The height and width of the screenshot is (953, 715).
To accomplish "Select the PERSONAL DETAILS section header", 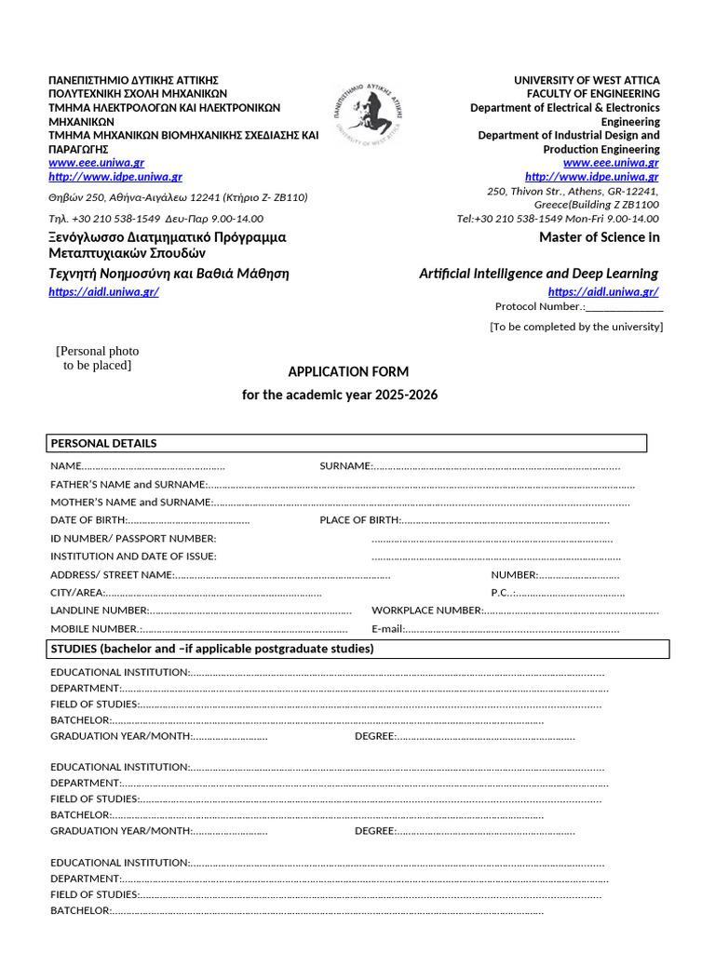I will [x=103, y=443].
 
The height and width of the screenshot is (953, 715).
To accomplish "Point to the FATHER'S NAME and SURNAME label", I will [x=128, y=485].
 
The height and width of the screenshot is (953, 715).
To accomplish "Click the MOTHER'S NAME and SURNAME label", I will [x=131, y=503].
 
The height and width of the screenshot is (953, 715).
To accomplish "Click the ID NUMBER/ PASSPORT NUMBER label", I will [x=133, y=539].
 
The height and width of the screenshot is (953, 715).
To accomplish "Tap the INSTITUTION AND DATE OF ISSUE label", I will [x=133, y=557].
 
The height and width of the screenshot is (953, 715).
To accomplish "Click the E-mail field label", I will [x=387, y=629].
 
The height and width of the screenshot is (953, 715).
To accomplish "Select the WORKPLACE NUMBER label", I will [x=426, y=611].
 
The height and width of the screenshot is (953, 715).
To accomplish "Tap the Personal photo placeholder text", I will [x=98, y=358].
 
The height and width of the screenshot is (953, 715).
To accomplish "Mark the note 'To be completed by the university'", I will [x=576, y=327].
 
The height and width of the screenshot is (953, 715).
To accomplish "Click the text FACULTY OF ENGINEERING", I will [x=593, y=94].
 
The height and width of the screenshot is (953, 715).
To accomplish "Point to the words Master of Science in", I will [x=599, y=237].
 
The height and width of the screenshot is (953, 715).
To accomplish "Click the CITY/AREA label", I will [x=76, y=593].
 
